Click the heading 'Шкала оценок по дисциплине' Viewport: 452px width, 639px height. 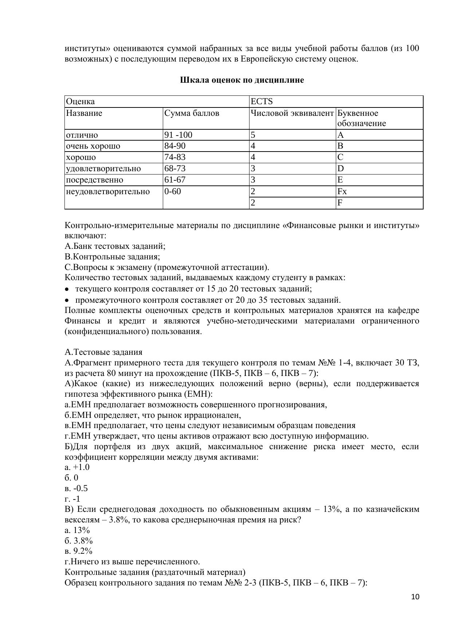tap(242, 80)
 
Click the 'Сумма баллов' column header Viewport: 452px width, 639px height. tap(192, 113)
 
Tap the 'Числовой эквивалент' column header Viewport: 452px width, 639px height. tap(292, 113)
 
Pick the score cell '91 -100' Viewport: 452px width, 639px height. tap(178, 135)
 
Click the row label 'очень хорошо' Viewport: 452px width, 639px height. tap(93, 146)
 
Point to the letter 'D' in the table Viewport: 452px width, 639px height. tap(341, 169)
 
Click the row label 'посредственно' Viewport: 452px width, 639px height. tap(94, 180)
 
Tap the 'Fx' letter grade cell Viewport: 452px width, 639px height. tap(342, 191)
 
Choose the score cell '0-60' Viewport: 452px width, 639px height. tap(172, 191)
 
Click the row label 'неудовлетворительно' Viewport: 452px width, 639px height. tap(107, 191)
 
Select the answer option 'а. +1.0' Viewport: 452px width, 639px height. tap(77, 467)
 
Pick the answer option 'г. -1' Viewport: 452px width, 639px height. tap(72, 499)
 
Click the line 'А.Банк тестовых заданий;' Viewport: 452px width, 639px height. tap(115, 246)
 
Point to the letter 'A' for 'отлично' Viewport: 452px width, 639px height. tap(341, 135)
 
